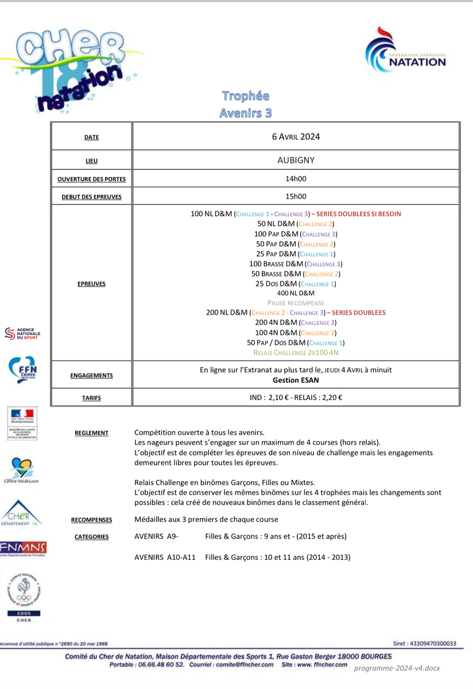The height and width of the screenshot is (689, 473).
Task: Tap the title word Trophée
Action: pos(246,96)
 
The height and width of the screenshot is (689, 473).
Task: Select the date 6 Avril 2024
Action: pos(296,137)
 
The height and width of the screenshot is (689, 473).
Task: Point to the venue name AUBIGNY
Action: pos(296,160)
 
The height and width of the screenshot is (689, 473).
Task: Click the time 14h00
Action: pos(296,179)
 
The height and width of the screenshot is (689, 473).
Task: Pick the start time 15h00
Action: pos(296,196)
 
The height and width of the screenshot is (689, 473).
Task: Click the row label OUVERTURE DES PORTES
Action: pos(91,179)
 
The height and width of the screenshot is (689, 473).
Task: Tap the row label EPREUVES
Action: pos(91,284)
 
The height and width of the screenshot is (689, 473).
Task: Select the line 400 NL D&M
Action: pos(296,293)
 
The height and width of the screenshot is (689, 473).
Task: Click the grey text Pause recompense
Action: pos(296,303)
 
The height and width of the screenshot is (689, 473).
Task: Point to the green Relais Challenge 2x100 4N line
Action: pos(296,353)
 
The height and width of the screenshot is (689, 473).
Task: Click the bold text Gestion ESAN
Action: pos(296,380)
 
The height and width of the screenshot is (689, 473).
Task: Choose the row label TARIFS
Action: pos(91,397)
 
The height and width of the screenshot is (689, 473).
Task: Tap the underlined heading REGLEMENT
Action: pos(91,433)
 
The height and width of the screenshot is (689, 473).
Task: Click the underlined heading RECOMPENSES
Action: pos(91,520)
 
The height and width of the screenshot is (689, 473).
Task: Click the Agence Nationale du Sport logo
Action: pos(22,334)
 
